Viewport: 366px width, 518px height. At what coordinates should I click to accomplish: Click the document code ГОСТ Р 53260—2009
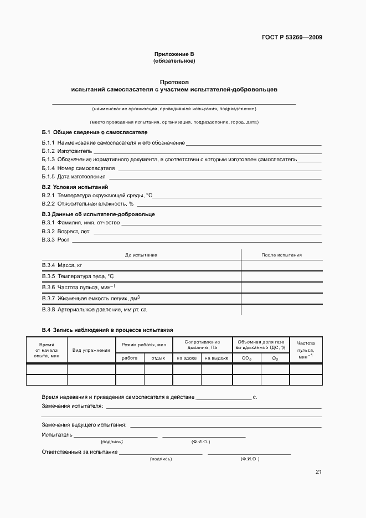pyautogui.click(x=292, y=38)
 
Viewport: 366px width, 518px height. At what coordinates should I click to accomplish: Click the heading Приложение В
pyautogui.click(x=174, y=54)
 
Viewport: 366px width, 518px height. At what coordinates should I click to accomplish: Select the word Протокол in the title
pyautogui.click(x=174, y=81)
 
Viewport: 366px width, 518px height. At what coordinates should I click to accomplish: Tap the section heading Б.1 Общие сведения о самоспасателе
pyautogui.click(x=95, y=132)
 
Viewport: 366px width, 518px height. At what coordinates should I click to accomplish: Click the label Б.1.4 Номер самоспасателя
pyautogui.click(x=78, y=168)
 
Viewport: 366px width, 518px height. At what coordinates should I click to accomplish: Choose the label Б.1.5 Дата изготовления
pyautogui.click(x=74, y=177)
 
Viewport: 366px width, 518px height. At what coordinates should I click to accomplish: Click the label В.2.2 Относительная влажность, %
pyautogui.click(x=87, y=204)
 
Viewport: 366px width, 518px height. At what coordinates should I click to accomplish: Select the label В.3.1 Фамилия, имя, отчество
pyautogui.click(x=81, y=222)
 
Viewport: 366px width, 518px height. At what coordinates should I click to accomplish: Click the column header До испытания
pyautogui.click(x=141, y=255)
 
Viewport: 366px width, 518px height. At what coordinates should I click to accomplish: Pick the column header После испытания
pyautogui.click(x=281, y=255)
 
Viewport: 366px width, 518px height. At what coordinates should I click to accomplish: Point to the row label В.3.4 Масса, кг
pyautogui.click(x=62, y=266)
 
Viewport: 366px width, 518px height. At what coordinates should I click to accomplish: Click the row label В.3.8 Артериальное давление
pyautogui.click(x=95, y=309)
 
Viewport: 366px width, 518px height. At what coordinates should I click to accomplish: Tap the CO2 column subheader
pyautogui.click(x=246, y=358)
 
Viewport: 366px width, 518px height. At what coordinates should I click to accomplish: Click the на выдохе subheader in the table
pyautogui.click(x=216, y=358)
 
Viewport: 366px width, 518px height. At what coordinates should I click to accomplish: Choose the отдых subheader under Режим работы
pyautogui.click(x=158, y=358)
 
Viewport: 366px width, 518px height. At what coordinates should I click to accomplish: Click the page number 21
pyautogui.click(x=318, y=472)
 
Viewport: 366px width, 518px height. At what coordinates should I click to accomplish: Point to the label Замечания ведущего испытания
pyautogui.click(x=84, y=425)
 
